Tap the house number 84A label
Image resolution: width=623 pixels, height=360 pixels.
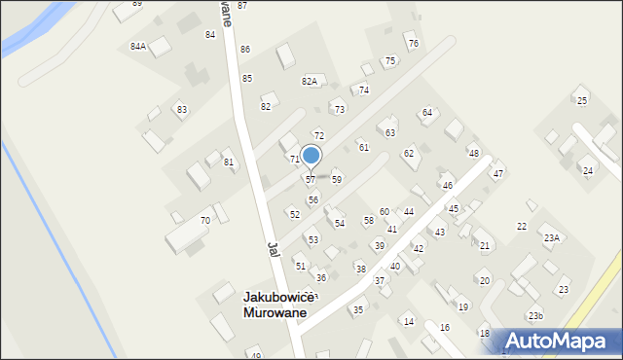coord(138,47)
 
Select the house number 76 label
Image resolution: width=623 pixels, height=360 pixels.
coord(413,44)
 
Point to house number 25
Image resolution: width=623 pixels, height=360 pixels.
coord(582,101)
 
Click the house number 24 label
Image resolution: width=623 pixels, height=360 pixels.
coord(587,171)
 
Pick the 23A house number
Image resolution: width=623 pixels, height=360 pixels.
coord(552,238)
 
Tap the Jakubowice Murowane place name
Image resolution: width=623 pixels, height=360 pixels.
coord(275,306)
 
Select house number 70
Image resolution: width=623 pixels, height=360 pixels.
coord(204,221)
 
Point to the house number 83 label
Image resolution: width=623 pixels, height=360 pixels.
coord(181,110)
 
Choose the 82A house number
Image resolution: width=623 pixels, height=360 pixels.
coord(309,82)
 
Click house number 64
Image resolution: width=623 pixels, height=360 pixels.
coord(426,113)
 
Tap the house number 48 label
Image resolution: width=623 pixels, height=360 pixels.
coord(473,154)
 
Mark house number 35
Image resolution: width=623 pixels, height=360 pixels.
coord(357,310)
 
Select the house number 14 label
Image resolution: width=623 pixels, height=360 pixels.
coord(409,322)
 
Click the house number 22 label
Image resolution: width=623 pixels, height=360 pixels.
coord(522,227)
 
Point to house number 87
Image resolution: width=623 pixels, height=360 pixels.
coord(242,6)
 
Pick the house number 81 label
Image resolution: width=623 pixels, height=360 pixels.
coord(229,162)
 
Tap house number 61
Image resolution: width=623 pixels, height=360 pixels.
coord(363,148)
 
